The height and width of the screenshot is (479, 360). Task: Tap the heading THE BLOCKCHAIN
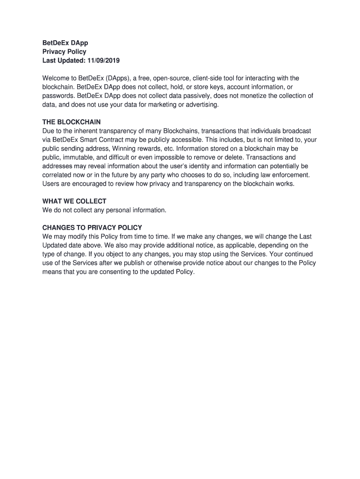[72, 122]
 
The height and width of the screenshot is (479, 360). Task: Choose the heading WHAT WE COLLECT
[74, 201]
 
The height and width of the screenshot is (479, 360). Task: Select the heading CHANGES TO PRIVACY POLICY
[92, 228]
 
